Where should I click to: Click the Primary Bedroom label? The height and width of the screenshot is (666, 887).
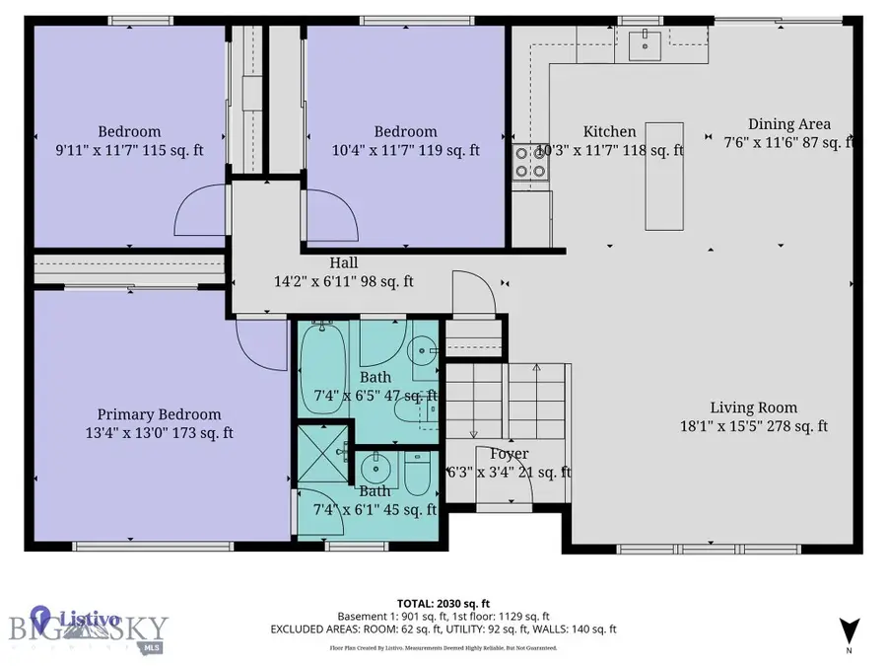click(159, 414)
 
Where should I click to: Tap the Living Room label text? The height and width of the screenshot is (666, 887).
click(754, 407)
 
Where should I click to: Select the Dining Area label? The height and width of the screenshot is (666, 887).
click(788, 124)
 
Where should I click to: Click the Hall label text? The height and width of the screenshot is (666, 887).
click(343, 263)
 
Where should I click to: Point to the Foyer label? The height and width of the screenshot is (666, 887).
click(510, 454)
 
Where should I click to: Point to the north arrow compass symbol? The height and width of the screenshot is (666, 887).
click(850, 629)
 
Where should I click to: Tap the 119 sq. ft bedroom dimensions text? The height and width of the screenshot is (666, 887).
click(405, 151)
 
